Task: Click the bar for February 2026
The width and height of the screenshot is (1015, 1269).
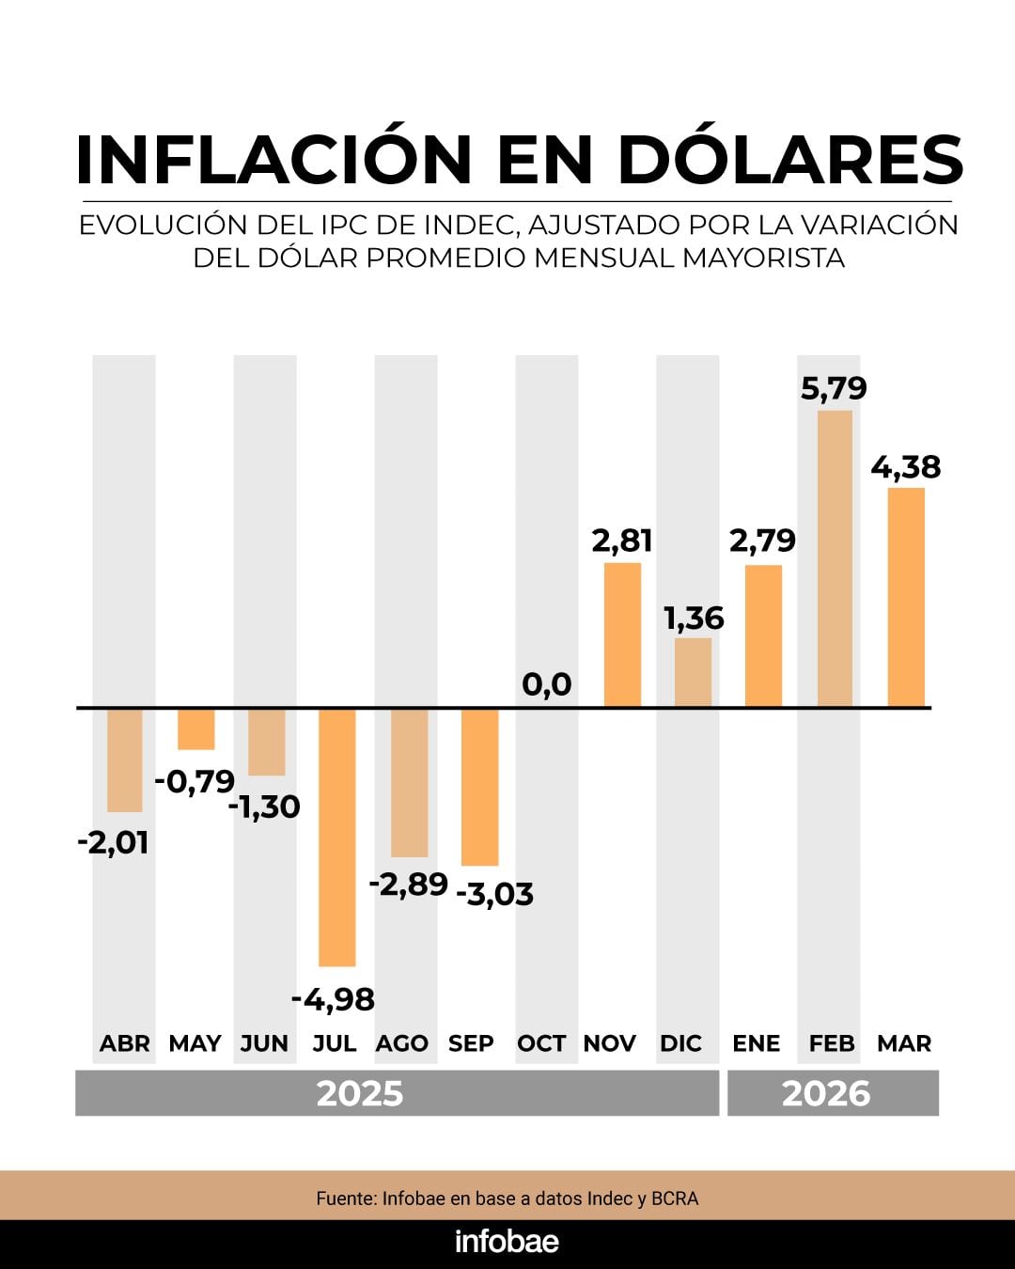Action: tap(835, 558)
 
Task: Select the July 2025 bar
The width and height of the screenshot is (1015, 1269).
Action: tap(336, 837)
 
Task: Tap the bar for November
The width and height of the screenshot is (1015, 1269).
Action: tap(622, 634)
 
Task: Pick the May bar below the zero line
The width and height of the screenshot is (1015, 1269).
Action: tap(196, 729)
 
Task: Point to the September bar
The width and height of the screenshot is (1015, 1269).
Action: tap(479, 787)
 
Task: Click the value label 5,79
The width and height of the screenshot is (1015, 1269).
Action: tap(834, 388)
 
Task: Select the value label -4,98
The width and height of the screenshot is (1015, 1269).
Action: tap(333, 999)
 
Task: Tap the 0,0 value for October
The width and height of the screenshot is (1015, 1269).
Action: tap(546, 684)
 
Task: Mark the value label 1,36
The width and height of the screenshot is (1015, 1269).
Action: tap(694, 619)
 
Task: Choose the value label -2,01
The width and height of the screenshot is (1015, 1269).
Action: tap(113, 842)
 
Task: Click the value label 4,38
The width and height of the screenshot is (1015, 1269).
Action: tap(905, 467)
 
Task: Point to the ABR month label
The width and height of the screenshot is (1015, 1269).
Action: tap(125, 1043)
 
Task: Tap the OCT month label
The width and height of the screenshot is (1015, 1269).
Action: tap(541, 1043)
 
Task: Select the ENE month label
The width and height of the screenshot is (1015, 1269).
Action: tap(757, 1043)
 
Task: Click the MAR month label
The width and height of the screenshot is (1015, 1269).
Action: tap(904, 1043)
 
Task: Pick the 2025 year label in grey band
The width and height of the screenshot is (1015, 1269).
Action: tap(360, 1093)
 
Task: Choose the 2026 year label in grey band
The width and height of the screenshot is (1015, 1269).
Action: tap(826, 1093)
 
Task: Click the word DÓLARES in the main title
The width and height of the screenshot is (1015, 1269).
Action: tap(790, 159)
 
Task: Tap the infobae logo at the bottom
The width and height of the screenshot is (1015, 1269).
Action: tap(507, 1242)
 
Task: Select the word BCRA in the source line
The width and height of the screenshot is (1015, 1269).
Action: tap(676, 1198)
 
